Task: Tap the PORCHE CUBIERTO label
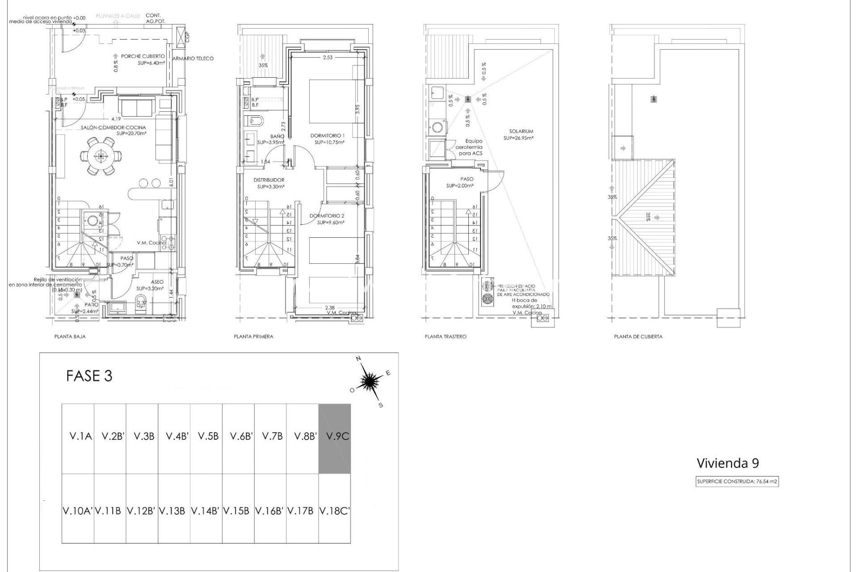[x=143, y=57]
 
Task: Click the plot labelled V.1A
[x=80, y=436]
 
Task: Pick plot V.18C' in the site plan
[x=334, y=511]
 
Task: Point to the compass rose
[x=370, y=381]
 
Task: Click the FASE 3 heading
[x=89, y=376]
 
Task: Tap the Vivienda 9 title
[x=728, y=463]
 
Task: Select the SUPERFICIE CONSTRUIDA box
[x=737, y=482]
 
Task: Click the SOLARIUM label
[x=521, y=131]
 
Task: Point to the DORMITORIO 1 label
[x=328, y=135]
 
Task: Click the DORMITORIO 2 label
[x=327, y=216]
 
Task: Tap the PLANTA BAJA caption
[x=70, y=336]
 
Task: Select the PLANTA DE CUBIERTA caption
[x=638, y=336]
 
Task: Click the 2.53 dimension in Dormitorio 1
[x=328, y=57]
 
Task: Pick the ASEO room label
[x=157, y=282]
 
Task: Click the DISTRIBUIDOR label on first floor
[x=269, y=180]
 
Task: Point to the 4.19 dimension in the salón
[x=116, y=119]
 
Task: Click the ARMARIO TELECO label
[x=193, y=59]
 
